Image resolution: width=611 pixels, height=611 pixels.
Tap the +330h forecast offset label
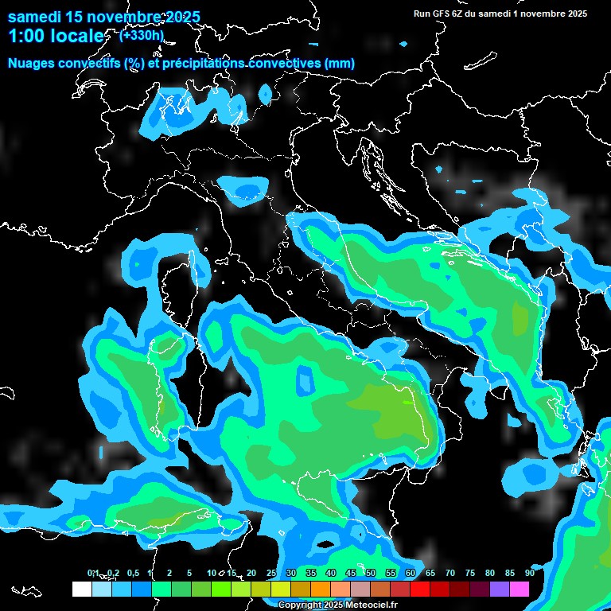pyautogui.click(x=141, y=35)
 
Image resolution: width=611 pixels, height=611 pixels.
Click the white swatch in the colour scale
pyautogui.click(x=81, y=590)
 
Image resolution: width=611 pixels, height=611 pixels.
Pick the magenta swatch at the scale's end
pyautogui.click(x=519, y=590)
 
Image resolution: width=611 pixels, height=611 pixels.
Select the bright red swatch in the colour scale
pyautogui.click(x=419, y=590)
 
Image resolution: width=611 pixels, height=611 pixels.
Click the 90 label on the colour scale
pyautogui.click(x=529, y=573)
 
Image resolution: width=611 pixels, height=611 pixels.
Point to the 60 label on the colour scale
pyautogui.click(x=410, y=573)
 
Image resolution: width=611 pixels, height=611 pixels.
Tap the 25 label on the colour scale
pyautogui.click(x=270, y=573)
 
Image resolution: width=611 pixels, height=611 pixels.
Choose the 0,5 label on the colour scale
pyautogui.click(x=132, y=573)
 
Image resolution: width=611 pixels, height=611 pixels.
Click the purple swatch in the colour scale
pyautogui.click(x=499, y=590)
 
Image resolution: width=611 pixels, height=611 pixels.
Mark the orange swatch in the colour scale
pyautogui.click(x=320, y=590)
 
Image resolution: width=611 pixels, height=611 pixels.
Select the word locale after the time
pyautogui.click(x=78, y=36)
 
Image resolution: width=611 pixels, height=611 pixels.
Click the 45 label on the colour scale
pyautogui.click(x=350, y=573)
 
